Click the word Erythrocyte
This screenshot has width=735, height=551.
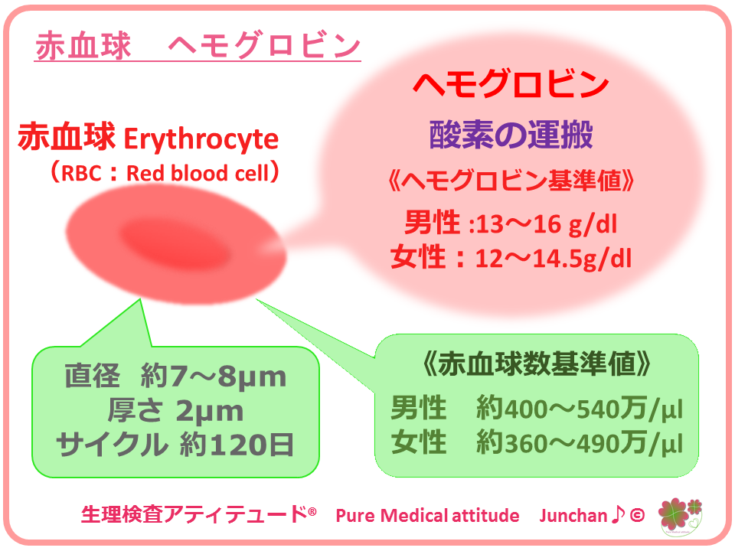click(x=201, y=139)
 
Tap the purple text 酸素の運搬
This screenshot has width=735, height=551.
click(x=511, y=135)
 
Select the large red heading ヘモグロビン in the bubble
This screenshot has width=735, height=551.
click(x=511, y=85)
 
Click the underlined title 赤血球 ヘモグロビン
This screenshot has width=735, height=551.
click(x=198, y=46)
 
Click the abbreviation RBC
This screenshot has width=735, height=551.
click(x=81, y=174)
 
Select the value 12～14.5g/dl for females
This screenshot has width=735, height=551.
click(x=553, y=259)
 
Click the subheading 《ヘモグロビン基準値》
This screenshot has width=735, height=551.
click(x=511, y=181)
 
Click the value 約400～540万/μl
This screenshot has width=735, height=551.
click(x=580, y=408)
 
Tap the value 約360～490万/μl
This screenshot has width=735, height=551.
click(x=580, y=443)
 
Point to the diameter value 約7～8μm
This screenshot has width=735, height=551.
click(x=214, y=377)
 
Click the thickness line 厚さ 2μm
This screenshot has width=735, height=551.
click(x=175, y=411)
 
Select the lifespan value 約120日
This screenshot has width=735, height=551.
click(x=237, y=445)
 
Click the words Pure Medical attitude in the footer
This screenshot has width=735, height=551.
click(x=427, y=515)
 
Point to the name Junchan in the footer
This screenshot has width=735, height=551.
click(x=573, y=515)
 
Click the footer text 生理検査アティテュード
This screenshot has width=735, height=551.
click(x=194, y=514)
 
